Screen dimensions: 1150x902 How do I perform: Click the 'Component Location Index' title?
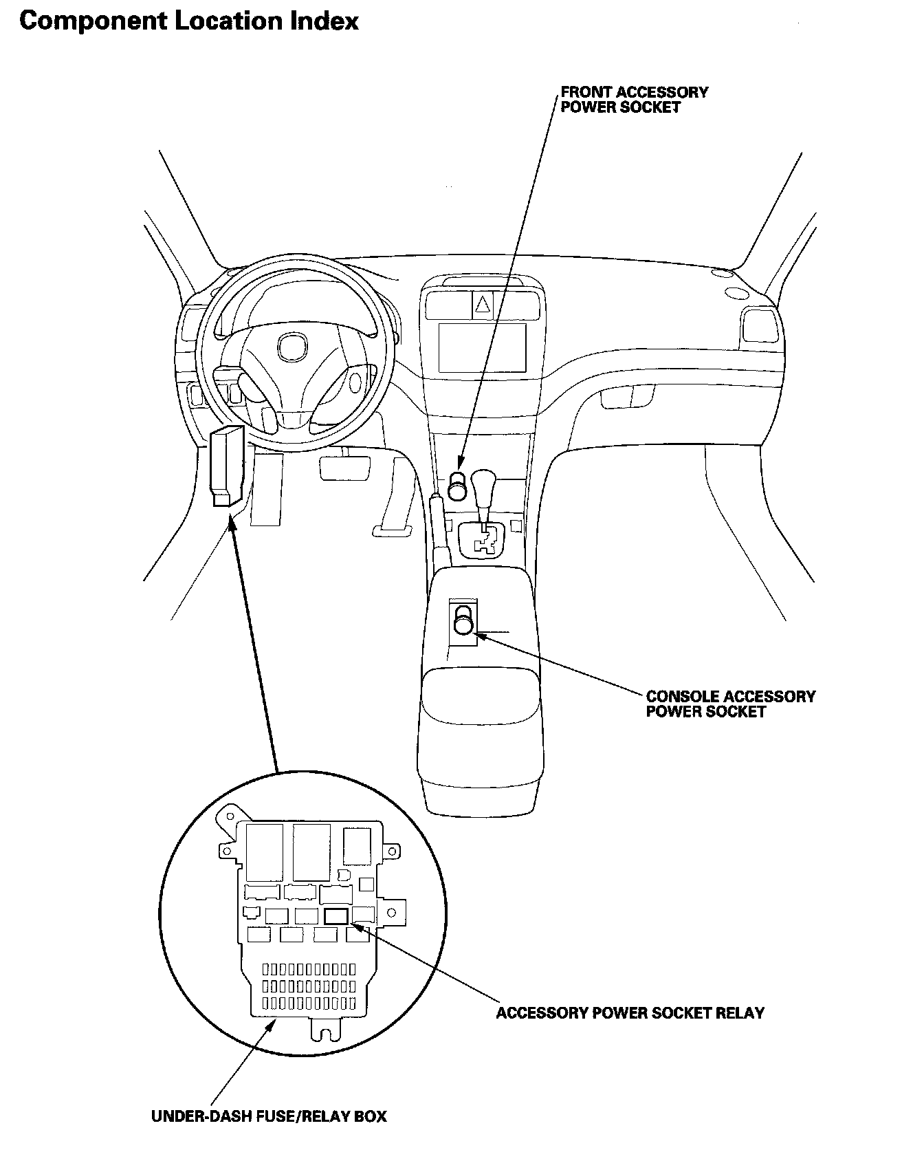click(x=189, y=21)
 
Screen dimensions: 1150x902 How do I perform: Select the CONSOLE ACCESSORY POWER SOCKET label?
click(x=730, y=704)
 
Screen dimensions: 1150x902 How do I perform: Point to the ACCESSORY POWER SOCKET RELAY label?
click(x=630, y=1013)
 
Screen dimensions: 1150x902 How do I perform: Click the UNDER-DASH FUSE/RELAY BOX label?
click(x=269, y=1116)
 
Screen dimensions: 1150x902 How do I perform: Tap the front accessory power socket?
click(x=457, y=485)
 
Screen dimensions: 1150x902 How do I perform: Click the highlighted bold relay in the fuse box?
click(x=337, y=916)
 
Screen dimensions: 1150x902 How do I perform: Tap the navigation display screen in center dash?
click(x=483, y=347)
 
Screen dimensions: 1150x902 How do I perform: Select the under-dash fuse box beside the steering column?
click(x=226, y=468)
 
